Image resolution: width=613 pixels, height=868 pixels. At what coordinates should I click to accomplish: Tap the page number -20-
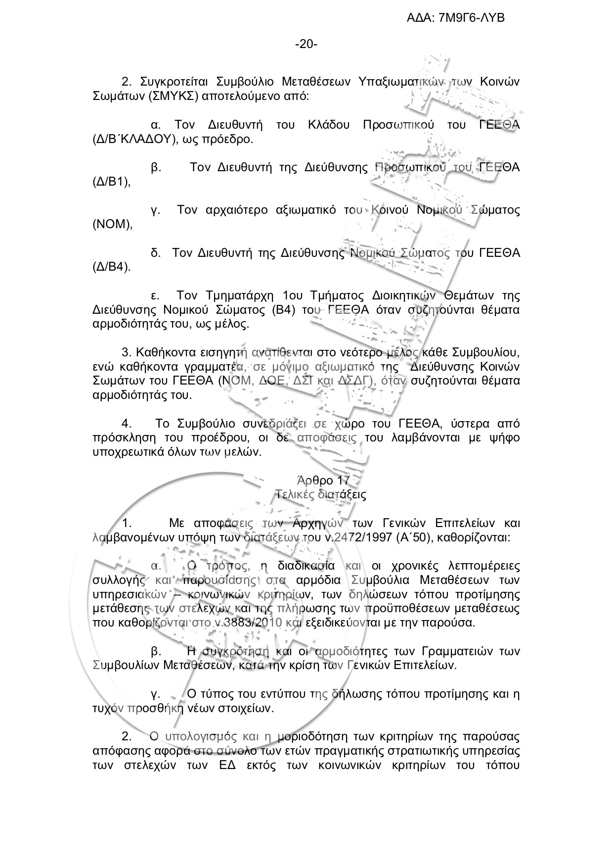(x=306, y=45)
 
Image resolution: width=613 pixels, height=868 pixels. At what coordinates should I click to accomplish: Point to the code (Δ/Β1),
(x=112, y=182)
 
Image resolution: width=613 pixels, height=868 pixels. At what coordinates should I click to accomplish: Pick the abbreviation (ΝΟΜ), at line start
(x=113, y=224)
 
